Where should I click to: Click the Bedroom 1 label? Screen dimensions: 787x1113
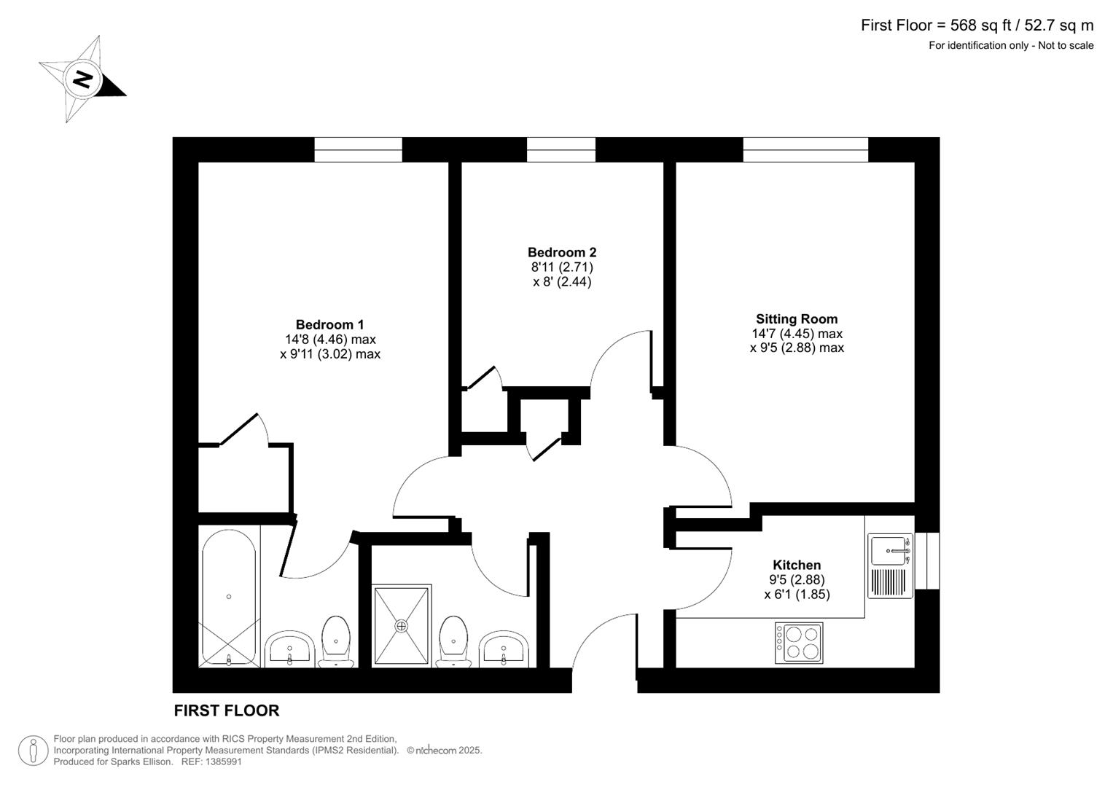(329, 325)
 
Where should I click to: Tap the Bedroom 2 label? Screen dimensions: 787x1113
(562, 253)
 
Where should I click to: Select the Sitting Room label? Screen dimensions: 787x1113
(797, 319)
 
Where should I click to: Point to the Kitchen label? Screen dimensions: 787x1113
(797, 565)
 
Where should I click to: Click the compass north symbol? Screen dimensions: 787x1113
(82, 79)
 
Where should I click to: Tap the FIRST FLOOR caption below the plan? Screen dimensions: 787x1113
(227, 710)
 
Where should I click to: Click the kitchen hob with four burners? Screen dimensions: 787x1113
(799, 643)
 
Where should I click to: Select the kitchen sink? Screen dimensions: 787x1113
(891, 550)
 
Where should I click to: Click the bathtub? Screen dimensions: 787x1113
(228, 598)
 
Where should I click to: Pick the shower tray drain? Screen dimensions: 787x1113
(402, 625)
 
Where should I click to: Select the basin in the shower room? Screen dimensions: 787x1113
(504, 648)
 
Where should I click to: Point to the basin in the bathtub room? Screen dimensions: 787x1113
(290, 648)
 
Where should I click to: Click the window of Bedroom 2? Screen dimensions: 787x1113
(561, 149)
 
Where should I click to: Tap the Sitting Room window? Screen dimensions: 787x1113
(805, 149)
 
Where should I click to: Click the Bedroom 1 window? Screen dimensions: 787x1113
(358, 149)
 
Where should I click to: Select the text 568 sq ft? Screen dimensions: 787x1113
(980, 26)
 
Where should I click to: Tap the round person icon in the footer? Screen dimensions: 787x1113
(34, 750)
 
